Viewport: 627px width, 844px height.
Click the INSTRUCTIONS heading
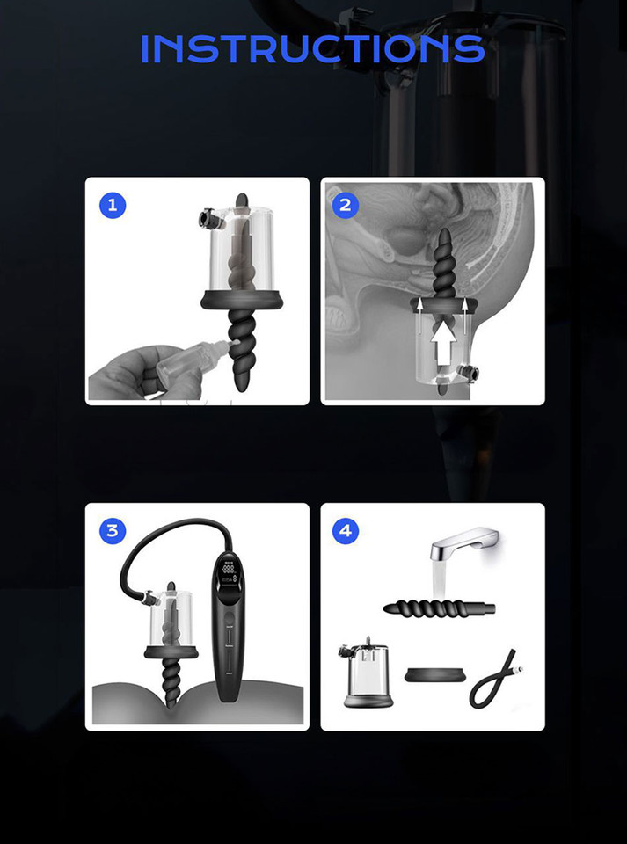[313, 49]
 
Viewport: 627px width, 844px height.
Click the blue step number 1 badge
[112, 206]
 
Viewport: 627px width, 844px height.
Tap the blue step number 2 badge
[345, 205]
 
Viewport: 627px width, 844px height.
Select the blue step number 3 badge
[112, 530]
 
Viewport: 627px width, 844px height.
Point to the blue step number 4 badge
[346, 530]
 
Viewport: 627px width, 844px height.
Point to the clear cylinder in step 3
[171, 615]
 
